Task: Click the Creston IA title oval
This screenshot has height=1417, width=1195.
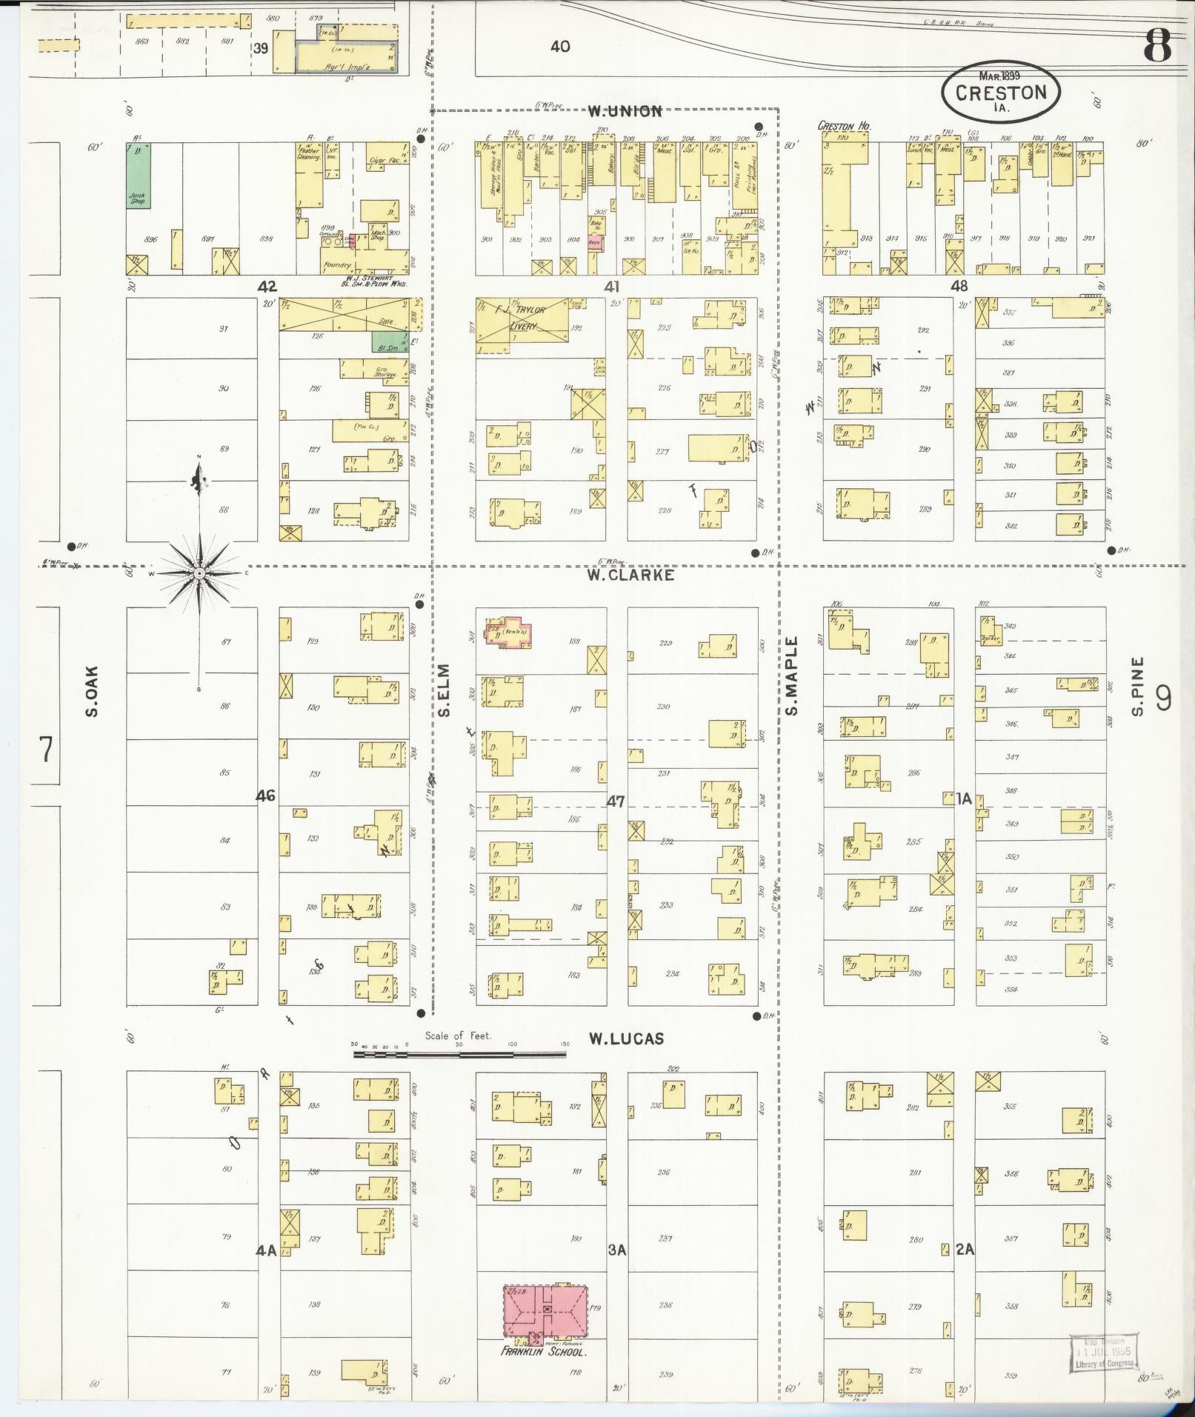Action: [1000, 93]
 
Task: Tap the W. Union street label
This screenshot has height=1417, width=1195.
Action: [625, 112]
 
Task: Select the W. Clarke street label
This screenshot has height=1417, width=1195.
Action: [630, 574]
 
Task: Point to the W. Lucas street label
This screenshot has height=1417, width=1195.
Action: [626, 1039]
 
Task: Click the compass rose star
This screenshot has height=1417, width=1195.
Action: [199, 573]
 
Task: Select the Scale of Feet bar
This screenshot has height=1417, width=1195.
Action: [459, 1053]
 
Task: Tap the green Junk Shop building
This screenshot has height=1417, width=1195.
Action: [137, 176]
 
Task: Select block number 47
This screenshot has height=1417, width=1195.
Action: [615, 801]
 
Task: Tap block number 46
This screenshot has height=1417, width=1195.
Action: [265, 796]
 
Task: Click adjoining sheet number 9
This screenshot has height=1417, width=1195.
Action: [1164, 698]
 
